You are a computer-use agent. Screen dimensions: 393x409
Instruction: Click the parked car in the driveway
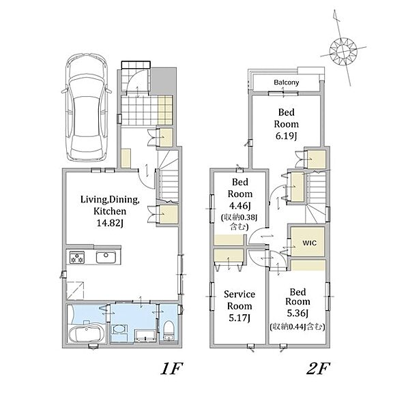tap(87, 108)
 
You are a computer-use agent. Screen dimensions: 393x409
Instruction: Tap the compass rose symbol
tap(343, 50)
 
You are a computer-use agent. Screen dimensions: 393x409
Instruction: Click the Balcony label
tap(286, 82)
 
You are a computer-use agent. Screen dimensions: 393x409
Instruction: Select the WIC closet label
tap(310, 243)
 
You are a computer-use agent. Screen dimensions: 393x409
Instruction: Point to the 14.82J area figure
tap(110, 224)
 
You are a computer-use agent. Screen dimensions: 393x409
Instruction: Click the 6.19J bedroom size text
tap(286, 136)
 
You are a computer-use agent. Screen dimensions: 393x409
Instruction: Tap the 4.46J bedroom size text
tap(239, 206)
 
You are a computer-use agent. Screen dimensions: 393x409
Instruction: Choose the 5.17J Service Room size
tap(239, 318)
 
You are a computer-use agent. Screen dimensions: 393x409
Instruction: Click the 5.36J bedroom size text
tap(297, 313)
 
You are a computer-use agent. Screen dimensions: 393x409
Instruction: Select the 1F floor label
tap(171, 369)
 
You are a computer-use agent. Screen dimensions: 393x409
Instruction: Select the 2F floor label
tap(318, 369)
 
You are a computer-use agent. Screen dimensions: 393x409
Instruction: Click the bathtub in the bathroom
tap(87, 335)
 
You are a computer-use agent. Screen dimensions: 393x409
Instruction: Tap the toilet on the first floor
tap(169, 329)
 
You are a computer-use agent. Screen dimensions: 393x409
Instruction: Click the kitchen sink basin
tap(106, 257)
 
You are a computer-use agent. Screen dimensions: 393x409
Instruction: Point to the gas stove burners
tap(77, 257)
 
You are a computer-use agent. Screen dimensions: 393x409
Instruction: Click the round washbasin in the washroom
tap(119, 330)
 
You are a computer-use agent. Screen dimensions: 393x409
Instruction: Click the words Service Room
tap(239, 300)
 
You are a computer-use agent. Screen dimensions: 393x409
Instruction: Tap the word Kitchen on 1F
tap(110, 211)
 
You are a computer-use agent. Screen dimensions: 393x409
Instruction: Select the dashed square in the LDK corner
tap(75, 290)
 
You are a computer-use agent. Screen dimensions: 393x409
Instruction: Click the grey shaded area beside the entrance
tap(162, 81)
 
